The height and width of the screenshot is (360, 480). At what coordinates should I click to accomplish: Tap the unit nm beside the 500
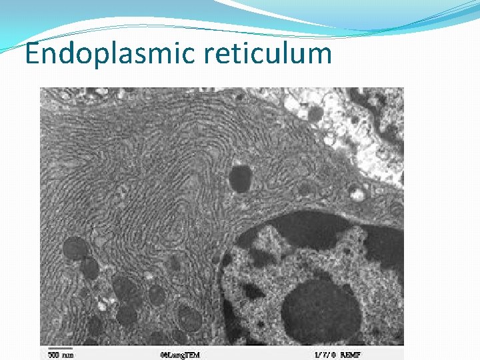pos(67,355)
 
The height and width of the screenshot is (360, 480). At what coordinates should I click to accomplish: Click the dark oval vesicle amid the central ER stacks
pos(240,178)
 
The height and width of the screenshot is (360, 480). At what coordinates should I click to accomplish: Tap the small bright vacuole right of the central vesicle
pos(358,195)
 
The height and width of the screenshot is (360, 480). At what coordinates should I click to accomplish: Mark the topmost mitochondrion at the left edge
pos(75,249)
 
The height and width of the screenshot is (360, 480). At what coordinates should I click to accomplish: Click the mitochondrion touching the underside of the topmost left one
pos(88,268)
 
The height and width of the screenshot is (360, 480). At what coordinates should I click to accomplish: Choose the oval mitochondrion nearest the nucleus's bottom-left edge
pos(190,318)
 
